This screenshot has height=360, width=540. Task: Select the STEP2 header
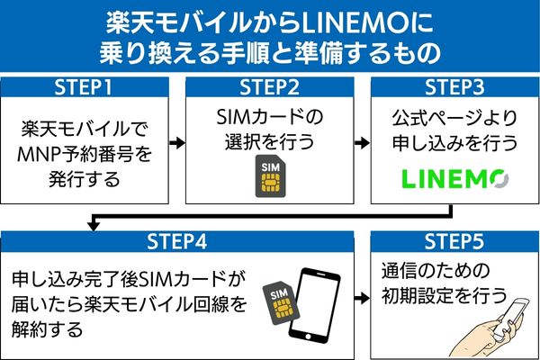pyautogui.click(x=270, y=87)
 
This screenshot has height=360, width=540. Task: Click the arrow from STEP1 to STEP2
pyautogui.click(x=176, y=142)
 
